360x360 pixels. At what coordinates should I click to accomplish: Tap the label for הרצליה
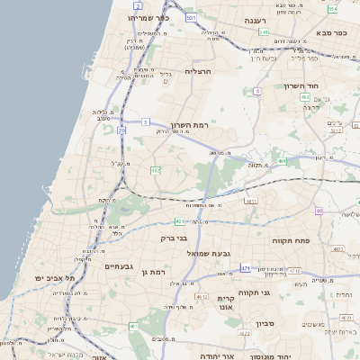pyautogui.click(x=197, y=71)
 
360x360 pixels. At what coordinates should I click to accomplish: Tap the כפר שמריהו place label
pyautogui.click(x=148, y=18)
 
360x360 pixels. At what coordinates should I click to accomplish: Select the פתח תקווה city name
pyautogui.click(x=290, y=242)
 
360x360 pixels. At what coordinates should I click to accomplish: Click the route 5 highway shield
pyautogui.click(x=145, y=121)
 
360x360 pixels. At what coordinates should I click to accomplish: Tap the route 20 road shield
pyautogui.click(x=121, y=130)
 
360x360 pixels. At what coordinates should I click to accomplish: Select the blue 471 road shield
pyautogui.click(x=245, y=268)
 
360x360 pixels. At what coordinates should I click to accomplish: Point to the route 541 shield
pyautogui.click(x=264, y=32)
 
